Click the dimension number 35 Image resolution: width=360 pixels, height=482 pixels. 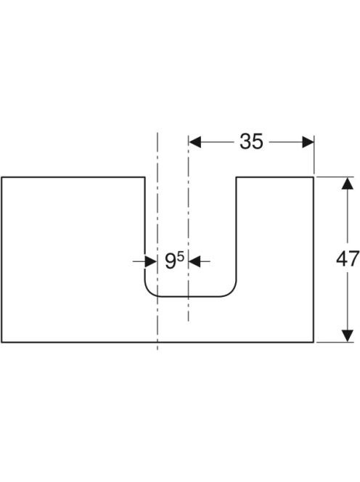click(x=251, y=142)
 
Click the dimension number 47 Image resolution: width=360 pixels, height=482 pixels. click(x=348, y=259)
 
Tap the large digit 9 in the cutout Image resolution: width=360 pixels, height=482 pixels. click(x=170, y=261)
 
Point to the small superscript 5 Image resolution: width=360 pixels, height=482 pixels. click(x=181, y=256)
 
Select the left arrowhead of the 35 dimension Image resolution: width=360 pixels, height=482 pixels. click(x=195, y=142)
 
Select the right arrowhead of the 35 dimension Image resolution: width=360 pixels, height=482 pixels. click(x=308, y=142)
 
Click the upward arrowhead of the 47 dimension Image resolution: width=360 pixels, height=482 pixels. click(x=348, y=184)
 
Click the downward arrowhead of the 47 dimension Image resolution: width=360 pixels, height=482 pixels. click(x=348, y=335)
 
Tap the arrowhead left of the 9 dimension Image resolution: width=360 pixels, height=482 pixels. click(x=151, y=261)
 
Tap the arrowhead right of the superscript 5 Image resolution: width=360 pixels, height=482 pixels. click(x=195, y=261)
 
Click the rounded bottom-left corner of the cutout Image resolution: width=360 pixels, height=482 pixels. click(x=149, y=293)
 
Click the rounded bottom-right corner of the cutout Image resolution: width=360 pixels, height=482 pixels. click(x=232, y=293)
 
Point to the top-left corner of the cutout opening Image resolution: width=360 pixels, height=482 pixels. click(x=145, y=177)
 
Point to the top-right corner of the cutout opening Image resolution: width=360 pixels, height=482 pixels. click(x=236, y=177)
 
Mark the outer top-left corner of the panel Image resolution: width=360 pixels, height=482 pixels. click(x=2, y=177)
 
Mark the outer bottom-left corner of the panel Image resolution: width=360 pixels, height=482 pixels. click(x=2, y=342)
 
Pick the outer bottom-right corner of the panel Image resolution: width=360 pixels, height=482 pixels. click(x=314, y=342)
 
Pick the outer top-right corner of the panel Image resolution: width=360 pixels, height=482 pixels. click(x=314, y=177)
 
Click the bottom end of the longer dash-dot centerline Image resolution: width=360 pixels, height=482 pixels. click(x=157, y=351)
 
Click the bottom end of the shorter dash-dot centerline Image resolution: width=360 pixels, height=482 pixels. click(x=189, y=321)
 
